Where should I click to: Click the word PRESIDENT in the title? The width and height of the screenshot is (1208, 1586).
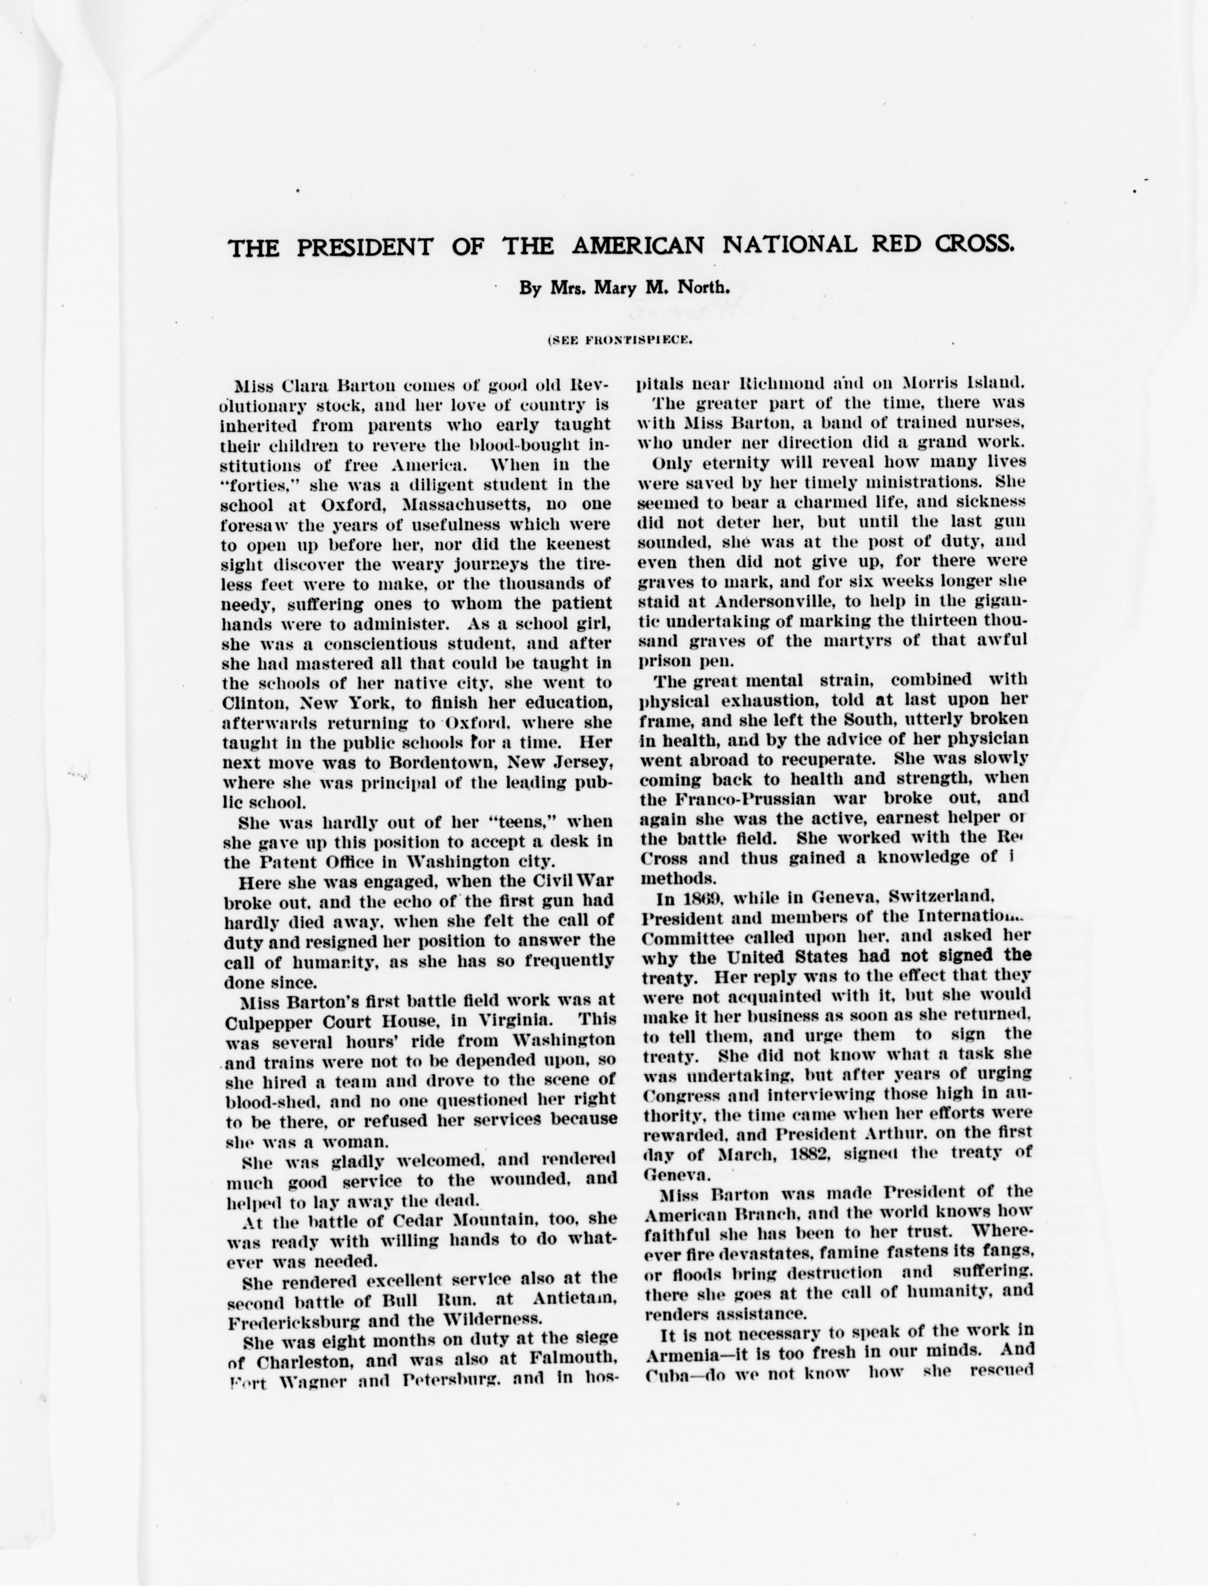[x=365, y=247]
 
